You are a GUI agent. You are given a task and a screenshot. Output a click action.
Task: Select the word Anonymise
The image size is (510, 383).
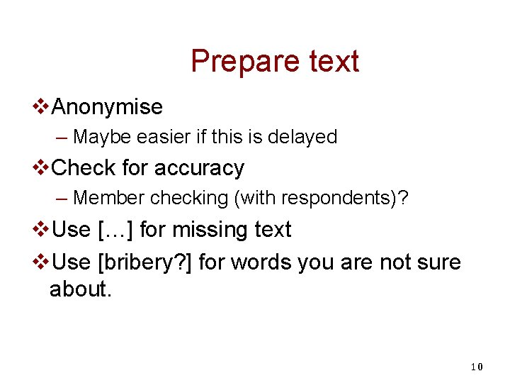point(108,107)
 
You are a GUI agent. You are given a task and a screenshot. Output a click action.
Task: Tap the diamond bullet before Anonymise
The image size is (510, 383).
point(42,107)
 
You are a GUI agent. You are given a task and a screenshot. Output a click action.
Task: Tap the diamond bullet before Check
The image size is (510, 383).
point(42,168)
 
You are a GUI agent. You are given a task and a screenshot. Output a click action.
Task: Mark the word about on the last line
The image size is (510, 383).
point(78,290)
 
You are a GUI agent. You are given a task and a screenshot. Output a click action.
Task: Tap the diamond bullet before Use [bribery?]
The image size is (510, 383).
point(42,262)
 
